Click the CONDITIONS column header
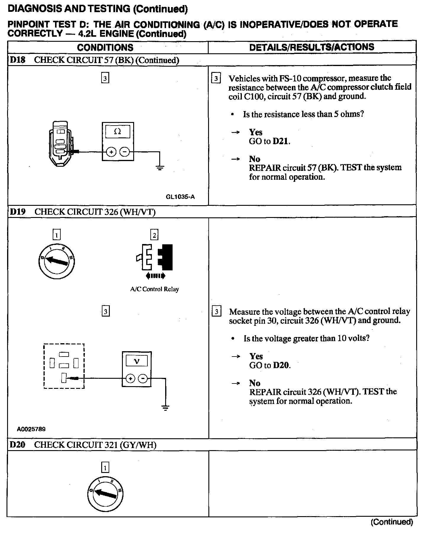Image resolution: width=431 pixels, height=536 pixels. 105,47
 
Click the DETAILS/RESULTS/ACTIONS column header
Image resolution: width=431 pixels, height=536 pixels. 312,47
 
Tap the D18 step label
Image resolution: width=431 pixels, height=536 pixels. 17,60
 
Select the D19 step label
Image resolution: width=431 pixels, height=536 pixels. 18,212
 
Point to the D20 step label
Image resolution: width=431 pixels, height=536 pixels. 17,445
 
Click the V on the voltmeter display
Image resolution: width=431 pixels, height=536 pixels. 137,361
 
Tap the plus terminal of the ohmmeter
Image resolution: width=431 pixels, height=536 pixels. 111,152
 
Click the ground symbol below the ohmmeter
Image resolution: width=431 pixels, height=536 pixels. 160,168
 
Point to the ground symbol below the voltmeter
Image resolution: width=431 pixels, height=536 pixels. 165,408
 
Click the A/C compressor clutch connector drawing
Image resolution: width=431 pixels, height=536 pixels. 61,144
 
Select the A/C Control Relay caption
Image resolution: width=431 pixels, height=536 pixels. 155,289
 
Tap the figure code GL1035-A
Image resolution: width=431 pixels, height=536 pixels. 180,197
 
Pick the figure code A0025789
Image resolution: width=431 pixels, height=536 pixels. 31,429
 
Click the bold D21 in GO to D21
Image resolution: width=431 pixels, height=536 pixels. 280,141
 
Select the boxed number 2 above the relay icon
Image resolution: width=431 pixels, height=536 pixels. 154,235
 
